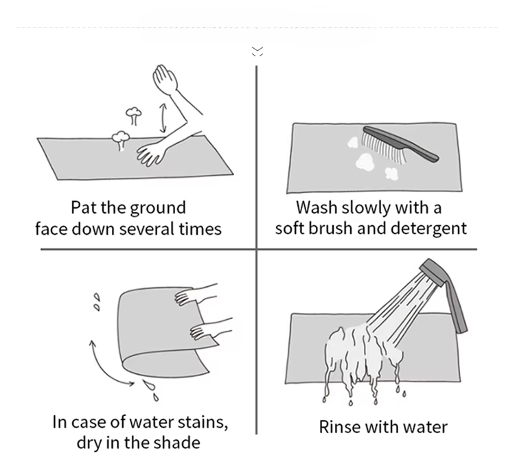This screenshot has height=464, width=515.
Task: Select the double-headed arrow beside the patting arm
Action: (163, 118)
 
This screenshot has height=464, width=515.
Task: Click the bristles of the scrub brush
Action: (384, 147)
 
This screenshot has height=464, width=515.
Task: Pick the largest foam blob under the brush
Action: (365, 161)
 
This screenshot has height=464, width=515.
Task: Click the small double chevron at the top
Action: (257, 51)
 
